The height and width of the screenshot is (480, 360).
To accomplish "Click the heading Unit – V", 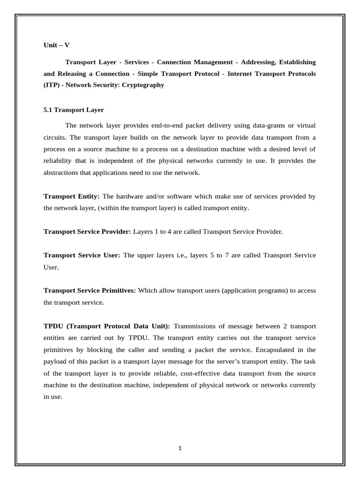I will click(x=56, y=45).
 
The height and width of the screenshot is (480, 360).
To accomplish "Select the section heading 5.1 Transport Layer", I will click(x=74, y=110).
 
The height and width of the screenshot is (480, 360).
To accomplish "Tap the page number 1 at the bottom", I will click(x=180, y=448).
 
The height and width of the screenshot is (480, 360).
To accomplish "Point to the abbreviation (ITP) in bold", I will click(x=52, y=85).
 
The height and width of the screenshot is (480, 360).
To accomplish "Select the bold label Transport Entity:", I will click(x=71, y=196).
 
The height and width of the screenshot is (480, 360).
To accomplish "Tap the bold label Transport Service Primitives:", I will click(x=90, y=291).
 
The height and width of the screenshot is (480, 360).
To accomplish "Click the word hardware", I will click(x=132, y=196).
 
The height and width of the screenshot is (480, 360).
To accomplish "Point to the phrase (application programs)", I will click(x=252, y=291).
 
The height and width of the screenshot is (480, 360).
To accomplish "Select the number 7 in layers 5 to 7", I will click(x=254, y=255).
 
